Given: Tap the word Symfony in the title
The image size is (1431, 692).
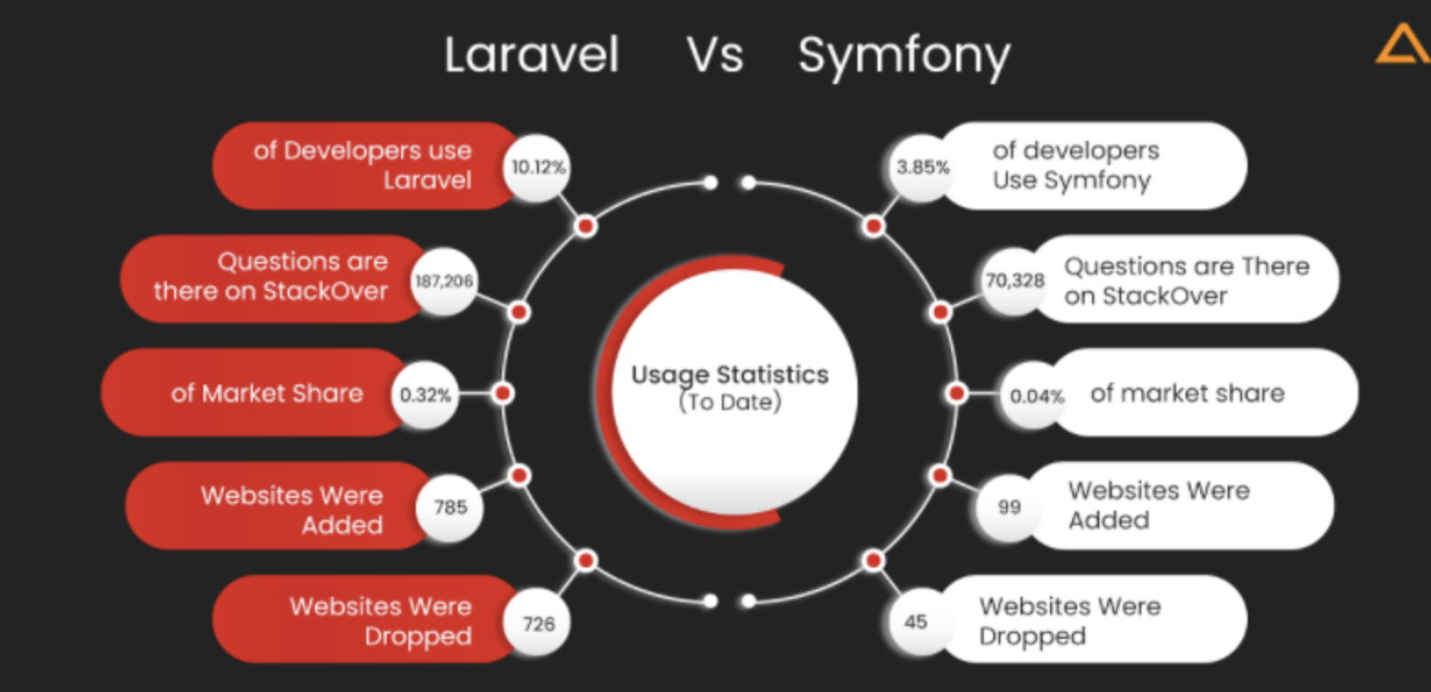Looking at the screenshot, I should [904, 57].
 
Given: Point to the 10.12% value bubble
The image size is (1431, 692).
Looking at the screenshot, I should [536, 168].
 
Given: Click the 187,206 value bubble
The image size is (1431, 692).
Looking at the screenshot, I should [444, 281].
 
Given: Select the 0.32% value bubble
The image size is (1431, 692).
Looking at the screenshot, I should [425, 395].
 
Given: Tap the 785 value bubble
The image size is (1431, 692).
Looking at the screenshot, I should [450, 506].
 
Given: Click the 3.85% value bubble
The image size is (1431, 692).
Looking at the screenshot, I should [922, 168].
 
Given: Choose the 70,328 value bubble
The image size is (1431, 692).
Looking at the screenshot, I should [1014, 281].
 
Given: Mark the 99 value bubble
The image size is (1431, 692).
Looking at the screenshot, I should [1009, 506].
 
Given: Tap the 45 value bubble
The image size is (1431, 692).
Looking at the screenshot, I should [915, 622].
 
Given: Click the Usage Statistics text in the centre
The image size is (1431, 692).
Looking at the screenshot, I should [729, 375].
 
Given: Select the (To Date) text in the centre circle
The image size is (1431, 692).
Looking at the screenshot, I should [729, 402].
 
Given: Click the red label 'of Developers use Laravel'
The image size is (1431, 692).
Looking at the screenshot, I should [362, 165].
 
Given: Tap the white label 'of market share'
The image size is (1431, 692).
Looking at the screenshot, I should [1187, 394].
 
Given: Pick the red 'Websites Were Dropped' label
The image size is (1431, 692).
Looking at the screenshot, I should [366, 620].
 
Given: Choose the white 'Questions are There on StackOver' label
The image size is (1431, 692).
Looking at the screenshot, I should [1185, 280].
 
